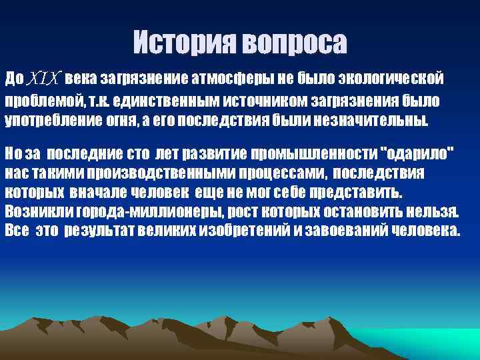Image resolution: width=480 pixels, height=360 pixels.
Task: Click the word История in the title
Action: coord(183,43)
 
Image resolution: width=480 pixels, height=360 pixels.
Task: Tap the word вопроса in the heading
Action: coord(293,44)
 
